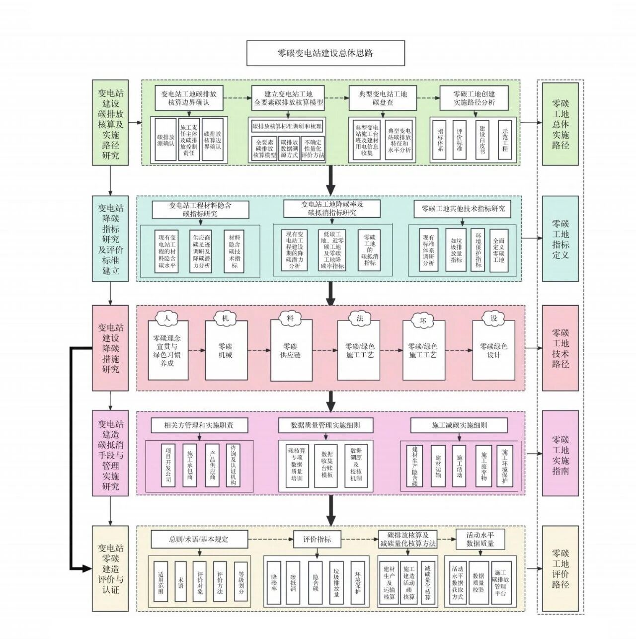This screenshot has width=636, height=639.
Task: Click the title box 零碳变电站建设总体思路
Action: [x=325, y=53]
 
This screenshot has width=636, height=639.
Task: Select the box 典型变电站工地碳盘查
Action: [x=382, y=98]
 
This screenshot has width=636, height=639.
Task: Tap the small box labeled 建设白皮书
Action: [x=482, y=139]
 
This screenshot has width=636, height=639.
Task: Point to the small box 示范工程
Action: [x=505, y=139]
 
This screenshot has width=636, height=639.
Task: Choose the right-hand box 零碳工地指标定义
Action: [x=560, y=239]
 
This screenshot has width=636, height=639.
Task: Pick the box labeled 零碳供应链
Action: [x=291, y=350]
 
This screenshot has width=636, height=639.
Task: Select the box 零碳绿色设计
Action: [x=493, y=350]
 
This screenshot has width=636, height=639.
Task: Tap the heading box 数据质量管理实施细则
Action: [x=325, y=425]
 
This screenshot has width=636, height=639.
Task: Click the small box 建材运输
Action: [x=438, y=465]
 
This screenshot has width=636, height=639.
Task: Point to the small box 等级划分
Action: [x=241, y=581]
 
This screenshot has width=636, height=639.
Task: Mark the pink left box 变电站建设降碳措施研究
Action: [x=110, y=348]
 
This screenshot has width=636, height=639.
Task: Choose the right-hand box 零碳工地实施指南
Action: [x=560, y=454]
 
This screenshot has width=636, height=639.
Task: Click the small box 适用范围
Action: [x=161, y=581]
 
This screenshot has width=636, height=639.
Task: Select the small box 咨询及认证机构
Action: [x=233, y=465]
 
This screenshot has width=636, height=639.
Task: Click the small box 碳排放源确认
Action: [x=165, y=140]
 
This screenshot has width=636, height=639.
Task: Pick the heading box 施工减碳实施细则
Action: [x=459, y=425]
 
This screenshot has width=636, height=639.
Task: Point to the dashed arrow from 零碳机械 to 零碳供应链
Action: [x=259, y=350]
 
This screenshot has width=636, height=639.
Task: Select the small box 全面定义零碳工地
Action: [x=499, y=249]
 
